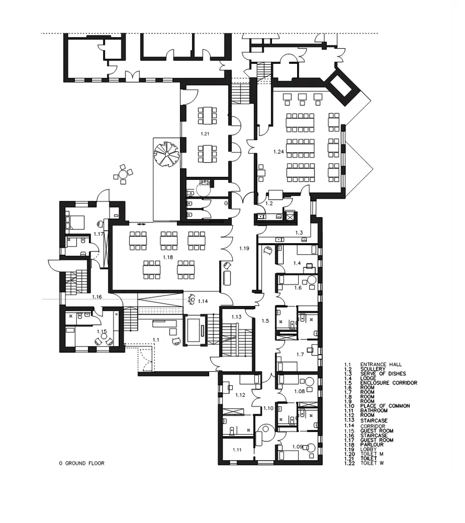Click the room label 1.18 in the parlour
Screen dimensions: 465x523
pos(168,257)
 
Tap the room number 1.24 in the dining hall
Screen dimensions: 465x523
pos(279,152)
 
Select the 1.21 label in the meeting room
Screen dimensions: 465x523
pos(205,134)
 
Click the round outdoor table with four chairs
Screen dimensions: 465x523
pos(123,174)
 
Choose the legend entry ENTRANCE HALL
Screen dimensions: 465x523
pos(381,365)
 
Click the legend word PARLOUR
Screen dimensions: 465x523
pos(372,445)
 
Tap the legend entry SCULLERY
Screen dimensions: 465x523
pos(372,369)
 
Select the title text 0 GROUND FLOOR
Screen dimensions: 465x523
pos(82,463)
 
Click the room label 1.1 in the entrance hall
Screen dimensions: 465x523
pos(156,340)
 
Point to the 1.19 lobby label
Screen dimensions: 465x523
pos(244,248)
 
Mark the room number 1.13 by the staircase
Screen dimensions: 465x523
pos(236,317)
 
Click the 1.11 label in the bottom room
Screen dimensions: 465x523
pos(237,450)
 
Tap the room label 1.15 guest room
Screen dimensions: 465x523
pos(102,332)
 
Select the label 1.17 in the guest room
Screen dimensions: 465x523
pos(98,234)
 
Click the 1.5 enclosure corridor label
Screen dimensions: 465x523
pos(265,321)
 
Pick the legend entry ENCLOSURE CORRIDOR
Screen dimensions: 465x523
pos(389,383)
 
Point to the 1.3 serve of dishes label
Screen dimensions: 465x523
pos(299,233)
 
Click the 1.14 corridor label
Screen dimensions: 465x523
pos(203,301)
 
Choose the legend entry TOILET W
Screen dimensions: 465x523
pos(372,463)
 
